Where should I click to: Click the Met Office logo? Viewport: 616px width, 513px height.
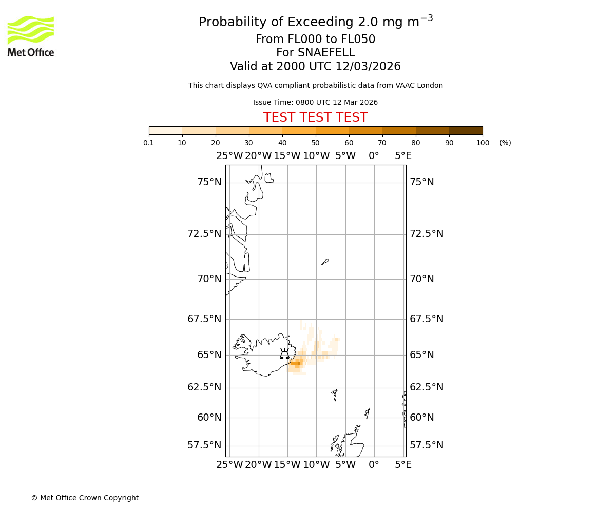click(31, 36)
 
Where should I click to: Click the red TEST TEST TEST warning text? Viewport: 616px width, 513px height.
click(315, 117)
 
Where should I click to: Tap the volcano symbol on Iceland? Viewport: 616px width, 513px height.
click(284, 353)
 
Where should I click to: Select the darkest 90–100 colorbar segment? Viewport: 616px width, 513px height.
click(466, 130)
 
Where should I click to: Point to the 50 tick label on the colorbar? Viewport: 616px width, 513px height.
click(315, 143)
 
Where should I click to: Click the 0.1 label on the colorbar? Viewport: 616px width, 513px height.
click(149, 143)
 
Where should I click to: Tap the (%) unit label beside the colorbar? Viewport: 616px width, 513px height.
click(505, 143)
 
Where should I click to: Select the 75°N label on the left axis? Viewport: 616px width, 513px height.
click(209, 182)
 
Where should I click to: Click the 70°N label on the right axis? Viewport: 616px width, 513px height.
click(421, 279)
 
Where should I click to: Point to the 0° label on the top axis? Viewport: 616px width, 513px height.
click(374, 156)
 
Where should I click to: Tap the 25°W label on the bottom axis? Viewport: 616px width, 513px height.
click(229, 465)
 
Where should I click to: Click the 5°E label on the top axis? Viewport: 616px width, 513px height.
click(403, 156)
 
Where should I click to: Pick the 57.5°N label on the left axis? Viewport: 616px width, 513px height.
click(204, 445)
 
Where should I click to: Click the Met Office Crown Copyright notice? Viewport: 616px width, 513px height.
click(85, 498)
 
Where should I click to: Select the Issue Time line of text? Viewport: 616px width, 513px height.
click(315, 102)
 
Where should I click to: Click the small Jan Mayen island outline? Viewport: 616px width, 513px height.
click(325, 262)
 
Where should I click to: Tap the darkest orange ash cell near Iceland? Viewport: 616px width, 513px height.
click(297, 363)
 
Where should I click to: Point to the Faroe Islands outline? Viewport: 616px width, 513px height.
click(335, 394)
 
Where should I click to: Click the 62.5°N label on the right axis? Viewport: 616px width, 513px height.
click(426, 387)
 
